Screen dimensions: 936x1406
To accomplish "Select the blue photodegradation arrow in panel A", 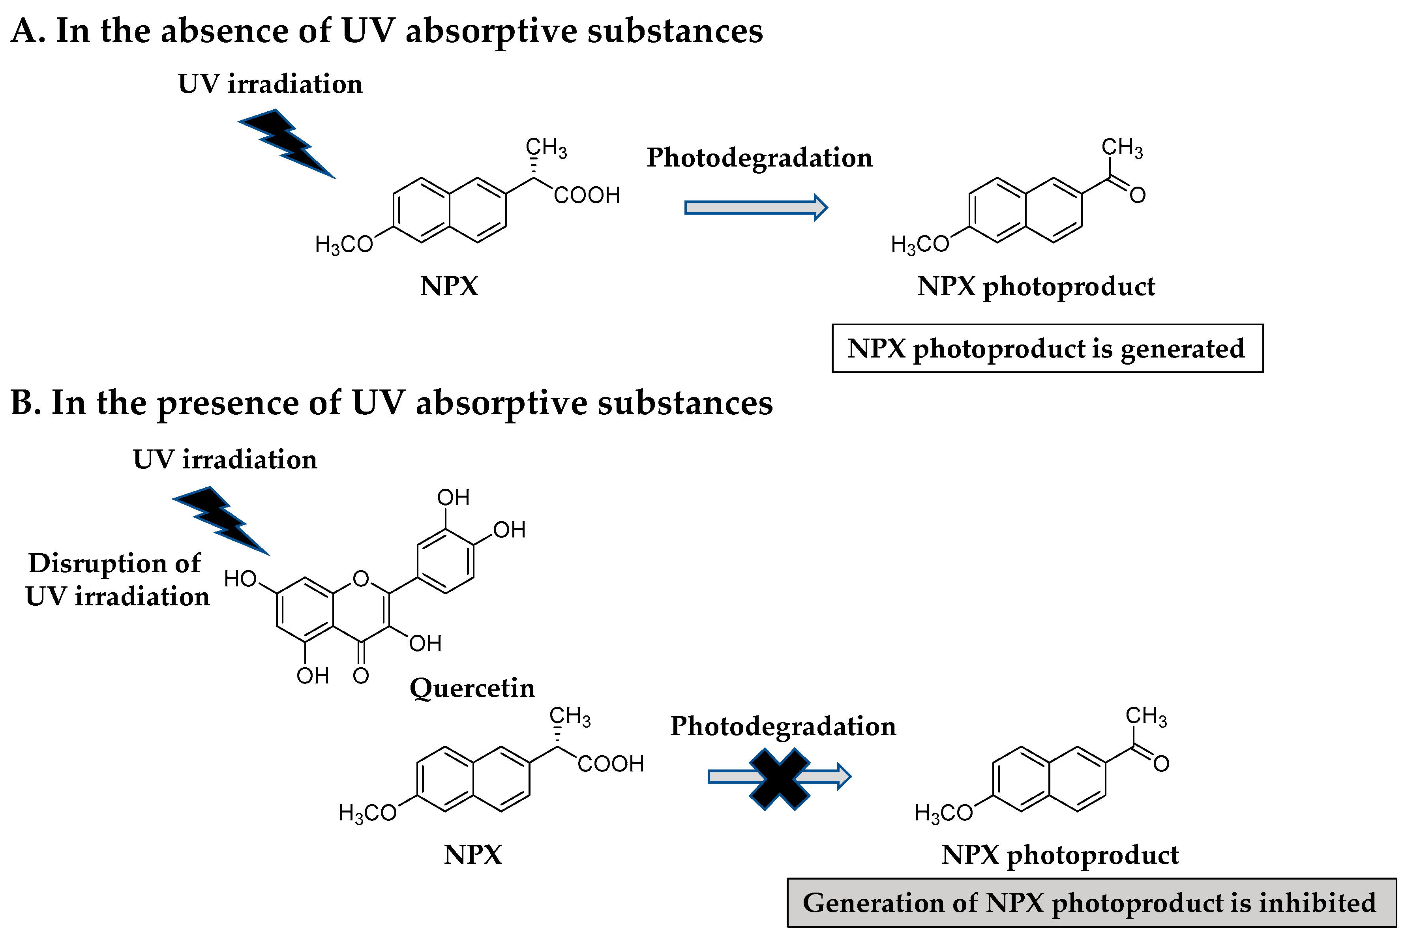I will [x=755, y=207].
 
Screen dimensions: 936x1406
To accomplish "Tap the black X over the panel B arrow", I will [x=779, y=779].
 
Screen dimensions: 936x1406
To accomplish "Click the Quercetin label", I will [x=472, y=688].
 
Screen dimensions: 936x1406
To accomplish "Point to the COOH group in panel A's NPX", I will [x=586, y=195].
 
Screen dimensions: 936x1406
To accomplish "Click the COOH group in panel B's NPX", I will [x=610, y=764].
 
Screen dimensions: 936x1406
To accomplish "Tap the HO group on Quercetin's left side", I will [x=240, y=578].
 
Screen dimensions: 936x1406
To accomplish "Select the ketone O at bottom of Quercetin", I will [x=361, y=676].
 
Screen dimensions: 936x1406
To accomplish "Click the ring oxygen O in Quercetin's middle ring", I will [x=361, y=578].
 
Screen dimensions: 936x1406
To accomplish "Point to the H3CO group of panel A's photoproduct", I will [x=919, y=244].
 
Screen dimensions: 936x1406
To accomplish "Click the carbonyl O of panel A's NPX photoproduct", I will [x=1137, y=195].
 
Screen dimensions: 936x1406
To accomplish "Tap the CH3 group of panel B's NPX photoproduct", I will [x=1146, y=716].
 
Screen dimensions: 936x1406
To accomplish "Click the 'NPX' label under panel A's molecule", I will [x=449, y=286].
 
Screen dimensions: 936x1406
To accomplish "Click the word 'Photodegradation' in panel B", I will [x=783, y=726].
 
